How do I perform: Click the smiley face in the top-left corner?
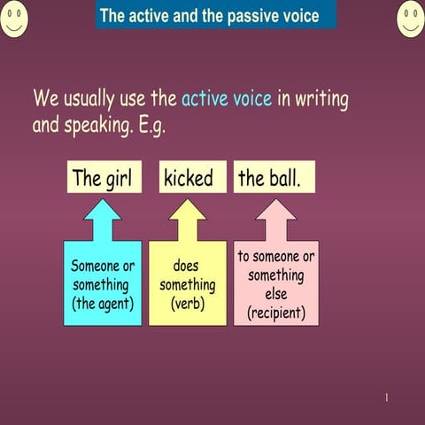click(x=14, y=19)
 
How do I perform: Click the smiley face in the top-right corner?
click(x=411, y=19)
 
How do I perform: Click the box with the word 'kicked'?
click(x=189, y=178)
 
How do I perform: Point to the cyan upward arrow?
click(x=103, y=219)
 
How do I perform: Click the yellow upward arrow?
click(x=188, y=219)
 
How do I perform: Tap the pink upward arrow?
click(x=275, y=219)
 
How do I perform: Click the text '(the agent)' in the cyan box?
click(x=102, y=305)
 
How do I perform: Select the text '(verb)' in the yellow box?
click(x=187, y=305)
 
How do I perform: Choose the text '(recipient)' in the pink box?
click(x=275, y=313)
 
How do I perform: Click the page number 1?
click(x=386, y=398)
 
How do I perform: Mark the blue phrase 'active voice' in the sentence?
click(x=227, y=98)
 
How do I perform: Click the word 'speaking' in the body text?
click(x=97, y=126)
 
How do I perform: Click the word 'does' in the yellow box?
click(x=187, y=266)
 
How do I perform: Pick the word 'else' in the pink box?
click(x=275, y=294)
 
